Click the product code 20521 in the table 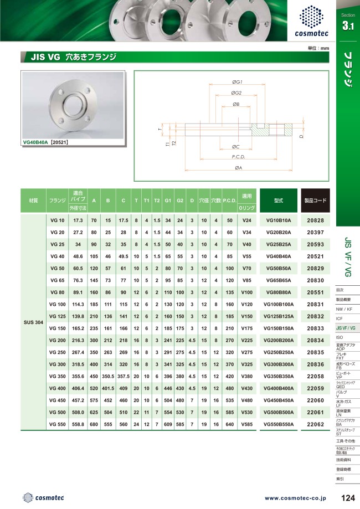(x=315, y=256)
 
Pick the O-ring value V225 (x=247, y=340)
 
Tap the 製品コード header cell (x=315, y=200)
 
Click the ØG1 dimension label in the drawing (x=238, y=82)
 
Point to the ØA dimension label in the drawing (x=238, y=167)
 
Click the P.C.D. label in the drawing (x=238, y=157)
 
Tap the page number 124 (x=348, y=497)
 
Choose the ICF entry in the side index (x=340, y=319)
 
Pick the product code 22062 (x=315, y=424)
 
